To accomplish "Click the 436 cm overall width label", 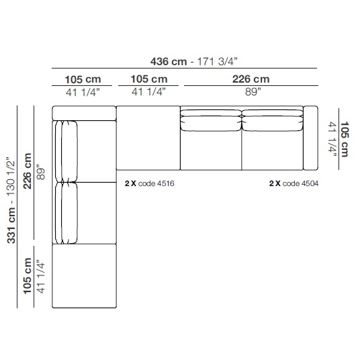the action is (169, 62).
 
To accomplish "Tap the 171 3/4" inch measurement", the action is (217, 62).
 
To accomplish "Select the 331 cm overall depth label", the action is (11, 225).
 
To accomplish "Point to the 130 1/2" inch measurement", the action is (11, 177).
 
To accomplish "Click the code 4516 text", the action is (156, 183).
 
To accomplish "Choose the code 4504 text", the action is (300, 183).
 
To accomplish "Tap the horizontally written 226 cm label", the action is (251, 79).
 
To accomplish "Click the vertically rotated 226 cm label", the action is (28, 171).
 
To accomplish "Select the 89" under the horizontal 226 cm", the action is (253, 92).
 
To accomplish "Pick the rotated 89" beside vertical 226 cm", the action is (41, 172).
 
